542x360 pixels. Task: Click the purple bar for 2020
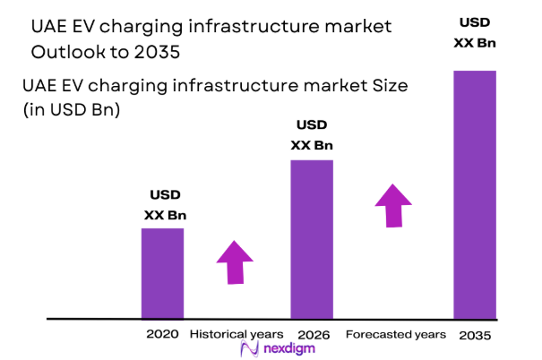pyautogui.click(x=162, y=273)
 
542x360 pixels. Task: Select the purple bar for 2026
pyautogui.click(x=311, y=239)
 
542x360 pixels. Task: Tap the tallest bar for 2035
pyautogui.click(x=474, y=194)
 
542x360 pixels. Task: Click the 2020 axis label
pyautogui.click(x=162, y=334)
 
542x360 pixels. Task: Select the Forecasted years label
pyautogui.click(x=395, y=334)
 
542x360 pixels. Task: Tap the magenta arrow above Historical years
pyautogui.click(x=236, y=262)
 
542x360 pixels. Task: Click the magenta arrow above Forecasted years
pyautogui.click(x=391, y=206)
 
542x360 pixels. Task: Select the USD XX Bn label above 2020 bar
pyautogui.click(x=165, y=205)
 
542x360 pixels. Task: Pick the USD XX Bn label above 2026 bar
pyautogui.click(x=312, y=136)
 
